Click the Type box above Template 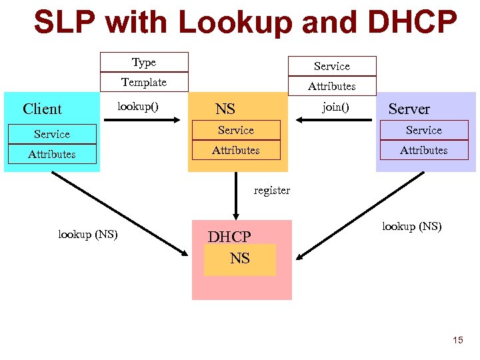(x=144, y=62)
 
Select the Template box (x=144, y=82)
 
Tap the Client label (x=42, y=109)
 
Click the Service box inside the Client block (x=51, y=134)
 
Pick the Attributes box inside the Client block (x=51, y=154)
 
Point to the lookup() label (x=138, y=106)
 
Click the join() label (x=335, y=106)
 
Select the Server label (x=409, y=109)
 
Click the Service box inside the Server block (x=424, y=130)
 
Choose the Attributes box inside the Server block (x=424, y=150)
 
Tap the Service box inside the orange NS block (x=236, y=130)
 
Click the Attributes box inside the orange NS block (x=236, y=150)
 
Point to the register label (x=272, y=190)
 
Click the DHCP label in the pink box (x=229, y=237)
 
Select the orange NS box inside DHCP (x=240, y=259)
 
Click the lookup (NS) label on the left (x=88, y=234)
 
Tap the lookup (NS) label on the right (x=411, y=226)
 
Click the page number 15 (x=457, y=340)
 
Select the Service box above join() (x=332, y=66)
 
